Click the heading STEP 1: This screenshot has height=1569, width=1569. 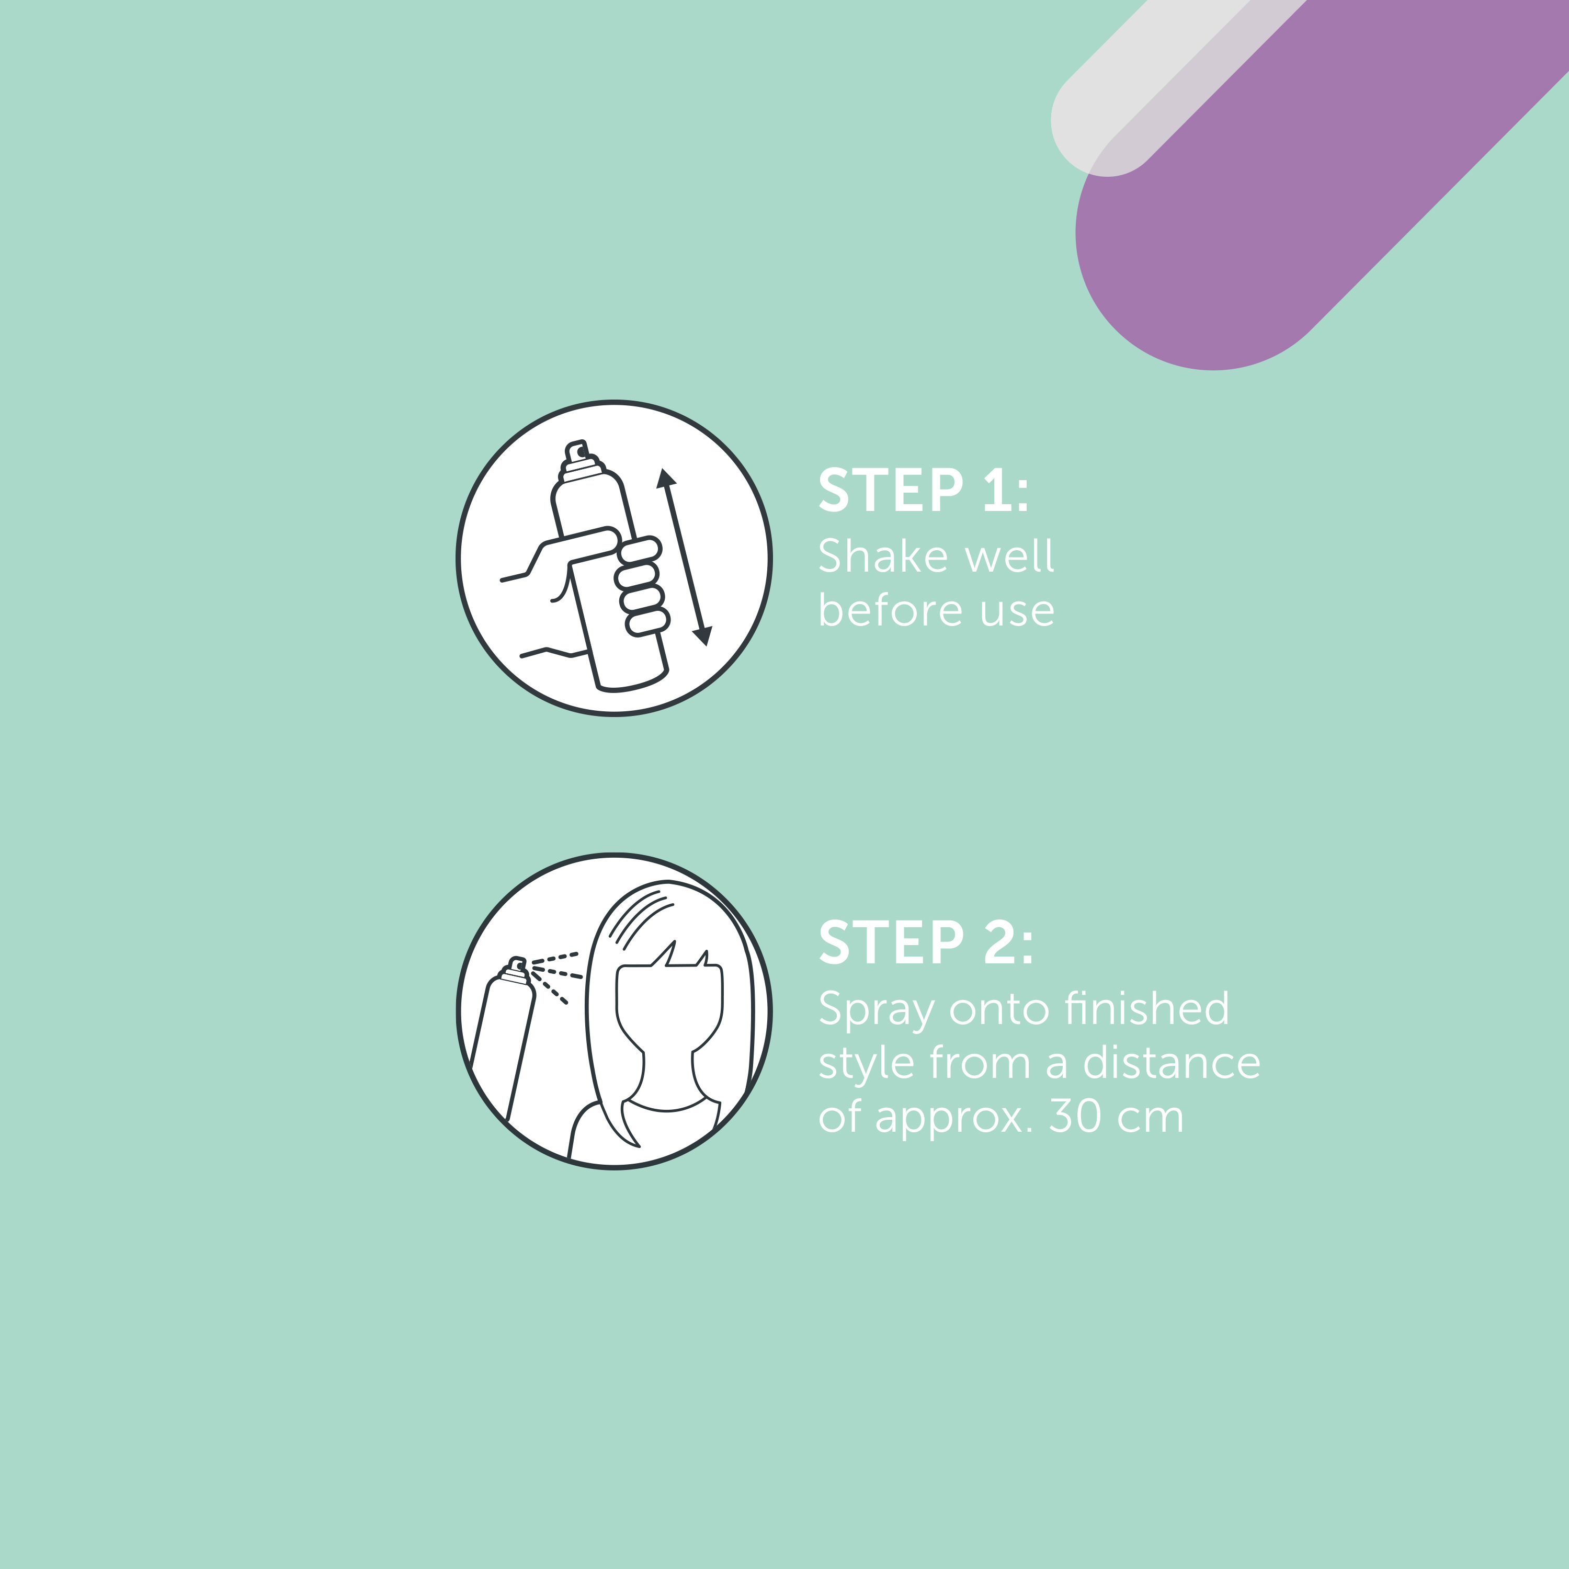pos(924,491)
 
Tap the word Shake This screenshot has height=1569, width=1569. pos(883,556)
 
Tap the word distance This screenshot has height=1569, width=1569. pos(1172,1062)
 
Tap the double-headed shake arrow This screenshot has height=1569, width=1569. pos(684,557)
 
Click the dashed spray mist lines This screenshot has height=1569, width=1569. pos(556,977)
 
